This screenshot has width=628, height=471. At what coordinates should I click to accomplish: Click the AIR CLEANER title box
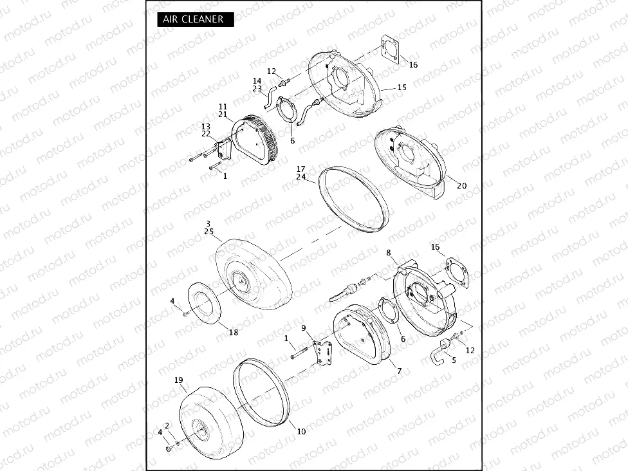click(x=195, y=19)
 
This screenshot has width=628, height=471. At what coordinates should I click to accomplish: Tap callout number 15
click(x=402, y=88)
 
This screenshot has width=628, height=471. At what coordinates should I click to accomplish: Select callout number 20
click(x=461, y=185)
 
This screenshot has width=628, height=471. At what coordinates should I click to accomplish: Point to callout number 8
click(x=389, y=253)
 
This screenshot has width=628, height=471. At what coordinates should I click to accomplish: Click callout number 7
click(x=400, y=371)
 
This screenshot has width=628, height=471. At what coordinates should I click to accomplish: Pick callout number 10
click(x=301, y=431)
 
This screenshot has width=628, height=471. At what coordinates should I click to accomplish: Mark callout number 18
click(x=233, y=332)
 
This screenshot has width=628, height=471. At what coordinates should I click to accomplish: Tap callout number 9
click(x=304, y=328)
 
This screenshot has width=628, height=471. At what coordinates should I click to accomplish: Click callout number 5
click(x=454, y=360)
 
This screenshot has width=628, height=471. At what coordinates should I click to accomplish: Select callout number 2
click(x=167, y=425)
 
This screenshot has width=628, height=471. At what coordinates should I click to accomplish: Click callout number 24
click(x=300, y=177)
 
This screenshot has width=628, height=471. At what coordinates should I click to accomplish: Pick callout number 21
click(x=223, y=115)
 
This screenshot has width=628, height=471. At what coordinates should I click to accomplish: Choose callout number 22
click(x=206, y=134)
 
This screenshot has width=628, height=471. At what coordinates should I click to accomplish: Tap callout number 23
click(x=257, y=89)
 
